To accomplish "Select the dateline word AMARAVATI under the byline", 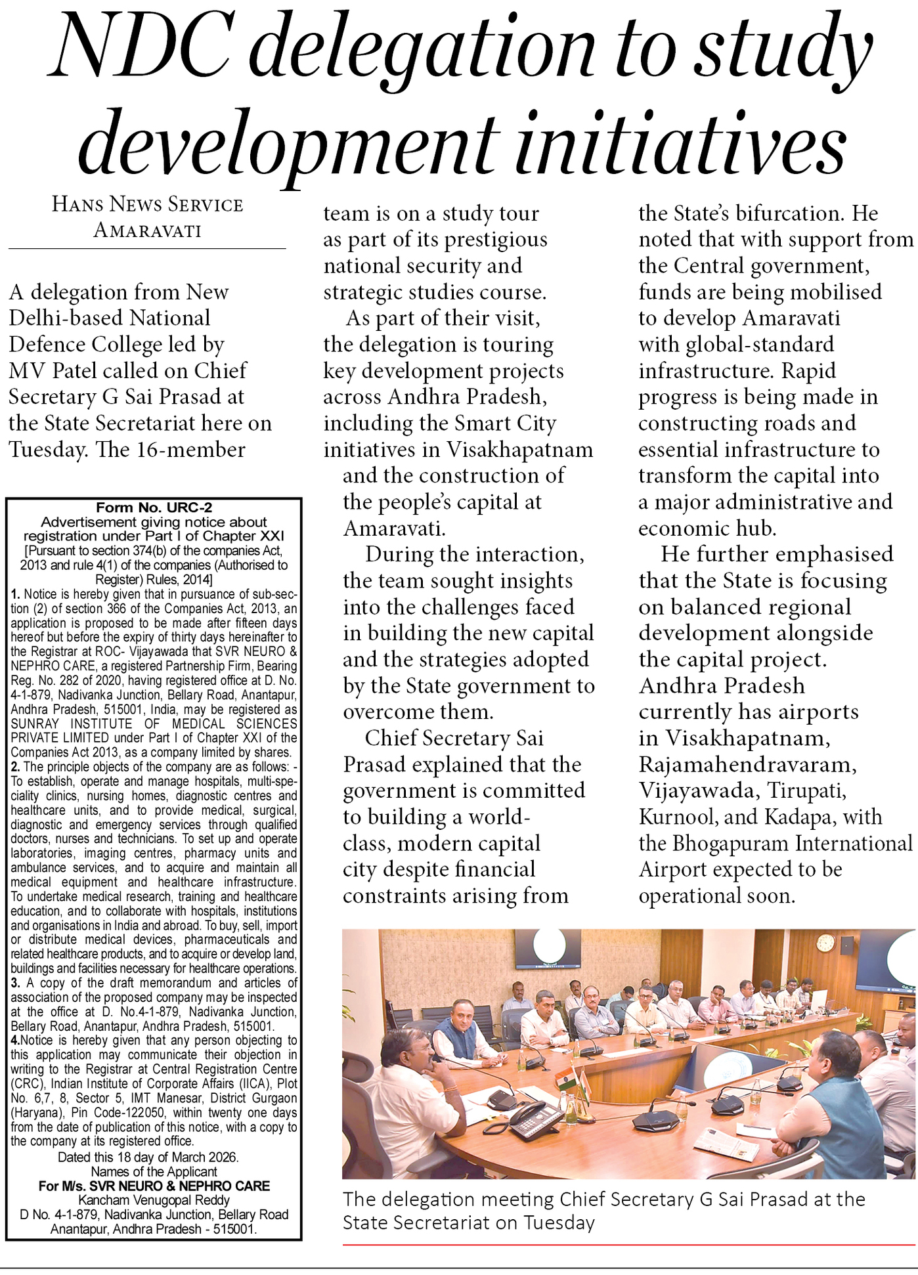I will click(x=147, y=230).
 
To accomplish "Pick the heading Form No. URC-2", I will click(x=154, y=508).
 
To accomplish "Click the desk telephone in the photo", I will click(x=534, y=1120).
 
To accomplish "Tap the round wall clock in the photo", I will click(x=826, y=943).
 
